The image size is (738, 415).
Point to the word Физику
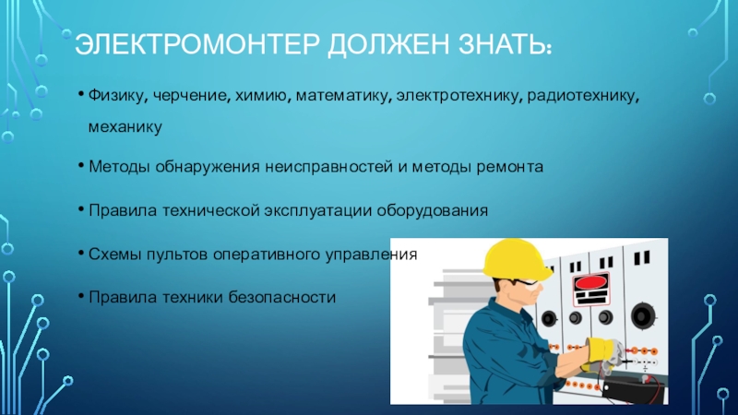(118, 96)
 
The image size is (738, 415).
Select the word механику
(125, 127)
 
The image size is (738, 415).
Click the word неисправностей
(328, 167)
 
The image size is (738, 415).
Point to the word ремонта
(510, 167)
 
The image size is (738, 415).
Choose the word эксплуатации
(317, 210)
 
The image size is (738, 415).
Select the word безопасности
(282, 297)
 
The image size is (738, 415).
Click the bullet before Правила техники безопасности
(81, 296)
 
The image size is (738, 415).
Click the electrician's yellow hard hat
(516, 260)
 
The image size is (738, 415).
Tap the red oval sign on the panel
(591, 283)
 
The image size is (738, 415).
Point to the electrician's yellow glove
(602, 353)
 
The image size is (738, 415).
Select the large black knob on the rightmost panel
(642, 315)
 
